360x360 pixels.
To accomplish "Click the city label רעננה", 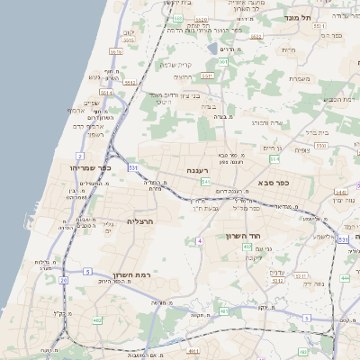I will [199, 169].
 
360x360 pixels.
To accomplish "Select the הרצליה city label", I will [141, 220].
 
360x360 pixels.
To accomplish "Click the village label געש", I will [94, 77].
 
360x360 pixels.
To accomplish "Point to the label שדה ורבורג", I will [264, 122].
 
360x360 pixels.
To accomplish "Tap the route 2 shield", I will [80, 156].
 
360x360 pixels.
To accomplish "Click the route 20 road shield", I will [63, 280].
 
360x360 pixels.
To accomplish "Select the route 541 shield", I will [206, 182].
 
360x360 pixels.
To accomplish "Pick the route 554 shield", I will [274, 158].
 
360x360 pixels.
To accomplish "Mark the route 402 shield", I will [247, 246].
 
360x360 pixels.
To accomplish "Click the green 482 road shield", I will [97, 319].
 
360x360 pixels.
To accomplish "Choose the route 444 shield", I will [345, 278].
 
